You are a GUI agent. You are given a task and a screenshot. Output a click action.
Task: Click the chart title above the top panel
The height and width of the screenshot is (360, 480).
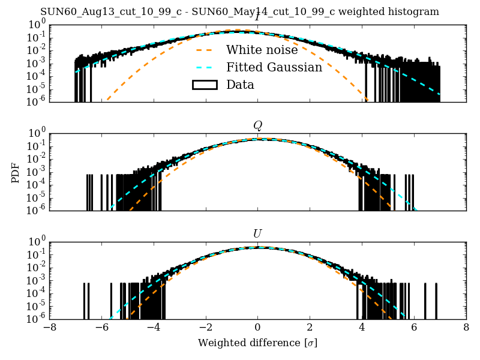click(239, 12)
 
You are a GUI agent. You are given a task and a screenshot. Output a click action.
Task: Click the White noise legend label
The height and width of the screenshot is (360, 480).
click(262, 50)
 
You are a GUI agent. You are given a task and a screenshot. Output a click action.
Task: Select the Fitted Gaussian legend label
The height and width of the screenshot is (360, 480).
click(274, 68)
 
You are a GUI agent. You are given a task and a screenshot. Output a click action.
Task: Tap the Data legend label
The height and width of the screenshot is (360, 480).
click(240, 85)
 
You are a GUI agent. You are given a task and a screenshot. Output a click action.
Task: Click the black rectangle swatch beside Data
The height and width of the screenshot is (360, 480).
click(205, 85)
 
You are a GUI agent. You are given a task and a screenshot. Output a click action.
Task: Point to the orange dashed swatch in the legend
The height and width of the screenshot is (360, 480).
click(205, 50)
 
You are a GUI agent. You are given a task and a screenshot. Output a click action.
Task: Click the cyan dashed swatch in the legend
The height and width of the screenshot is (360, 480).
click(205, 68)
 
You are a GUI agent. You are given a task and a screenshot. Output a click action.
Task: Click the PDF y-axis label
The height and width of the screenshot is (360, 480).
click(16, 172)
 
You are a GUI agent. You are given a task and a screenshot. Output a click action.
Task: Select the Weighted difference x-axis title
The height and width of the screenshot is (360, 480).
click(257, 344)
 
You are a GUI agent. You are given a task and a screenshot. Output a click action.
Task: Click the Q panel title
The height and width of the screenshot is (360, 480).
click(257, 125)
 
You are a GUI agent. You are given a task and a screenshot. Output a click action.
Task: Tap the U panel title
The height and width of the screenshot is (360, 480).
click(257, 233)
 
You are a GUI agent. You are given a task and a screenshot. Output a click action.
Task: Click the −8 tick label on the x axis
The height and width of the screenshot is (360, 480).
click(50, 328)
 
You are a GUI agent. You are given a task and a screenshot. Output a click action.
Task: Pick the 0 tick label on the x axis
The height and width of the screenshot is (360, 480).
click(257, 328)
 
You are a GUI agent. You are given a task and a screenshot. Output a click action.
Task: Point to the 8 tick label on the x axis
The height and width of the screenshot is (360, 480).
click(466, 328)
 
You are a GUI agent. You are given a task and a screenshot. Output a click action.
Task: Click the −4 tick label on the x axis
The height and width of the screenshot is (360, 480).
click(154, 328)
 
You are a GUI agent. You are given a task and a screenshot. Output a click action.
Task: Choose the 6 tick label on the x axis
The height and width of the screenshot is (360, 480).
click(414, 328)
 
